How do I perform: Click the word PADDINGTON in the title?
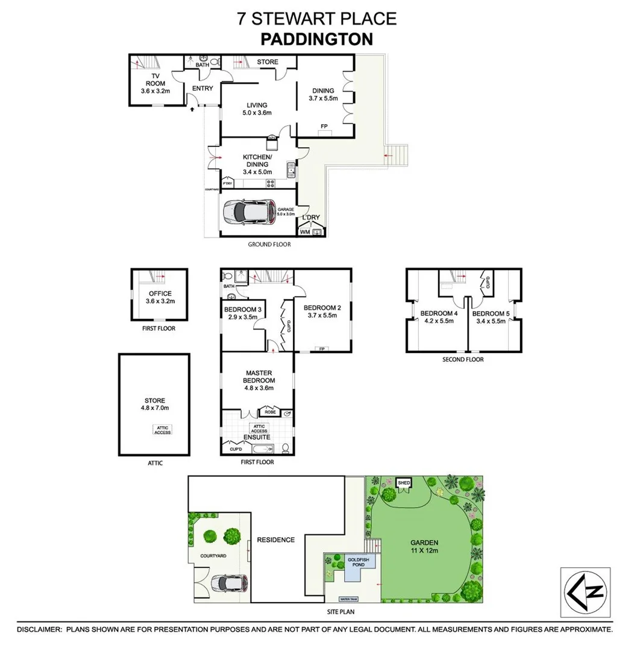316,39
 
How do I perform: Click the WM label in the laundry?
305,231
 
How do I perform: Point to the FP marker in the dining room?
324,126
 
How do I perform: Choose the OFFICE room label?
160,294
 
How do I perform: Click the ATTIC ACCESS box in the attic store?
162,430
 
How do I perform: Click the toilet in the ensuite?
286,448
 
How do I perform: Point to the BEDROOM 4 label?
437,313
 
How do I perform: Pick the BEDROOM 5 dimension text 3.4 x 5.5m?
491,321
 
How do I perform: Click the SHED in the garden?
403,483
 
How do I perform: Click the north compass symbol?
585,592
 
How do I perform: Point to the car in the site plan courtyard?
225,583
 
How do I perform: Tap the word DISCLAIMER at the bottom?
39,629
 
